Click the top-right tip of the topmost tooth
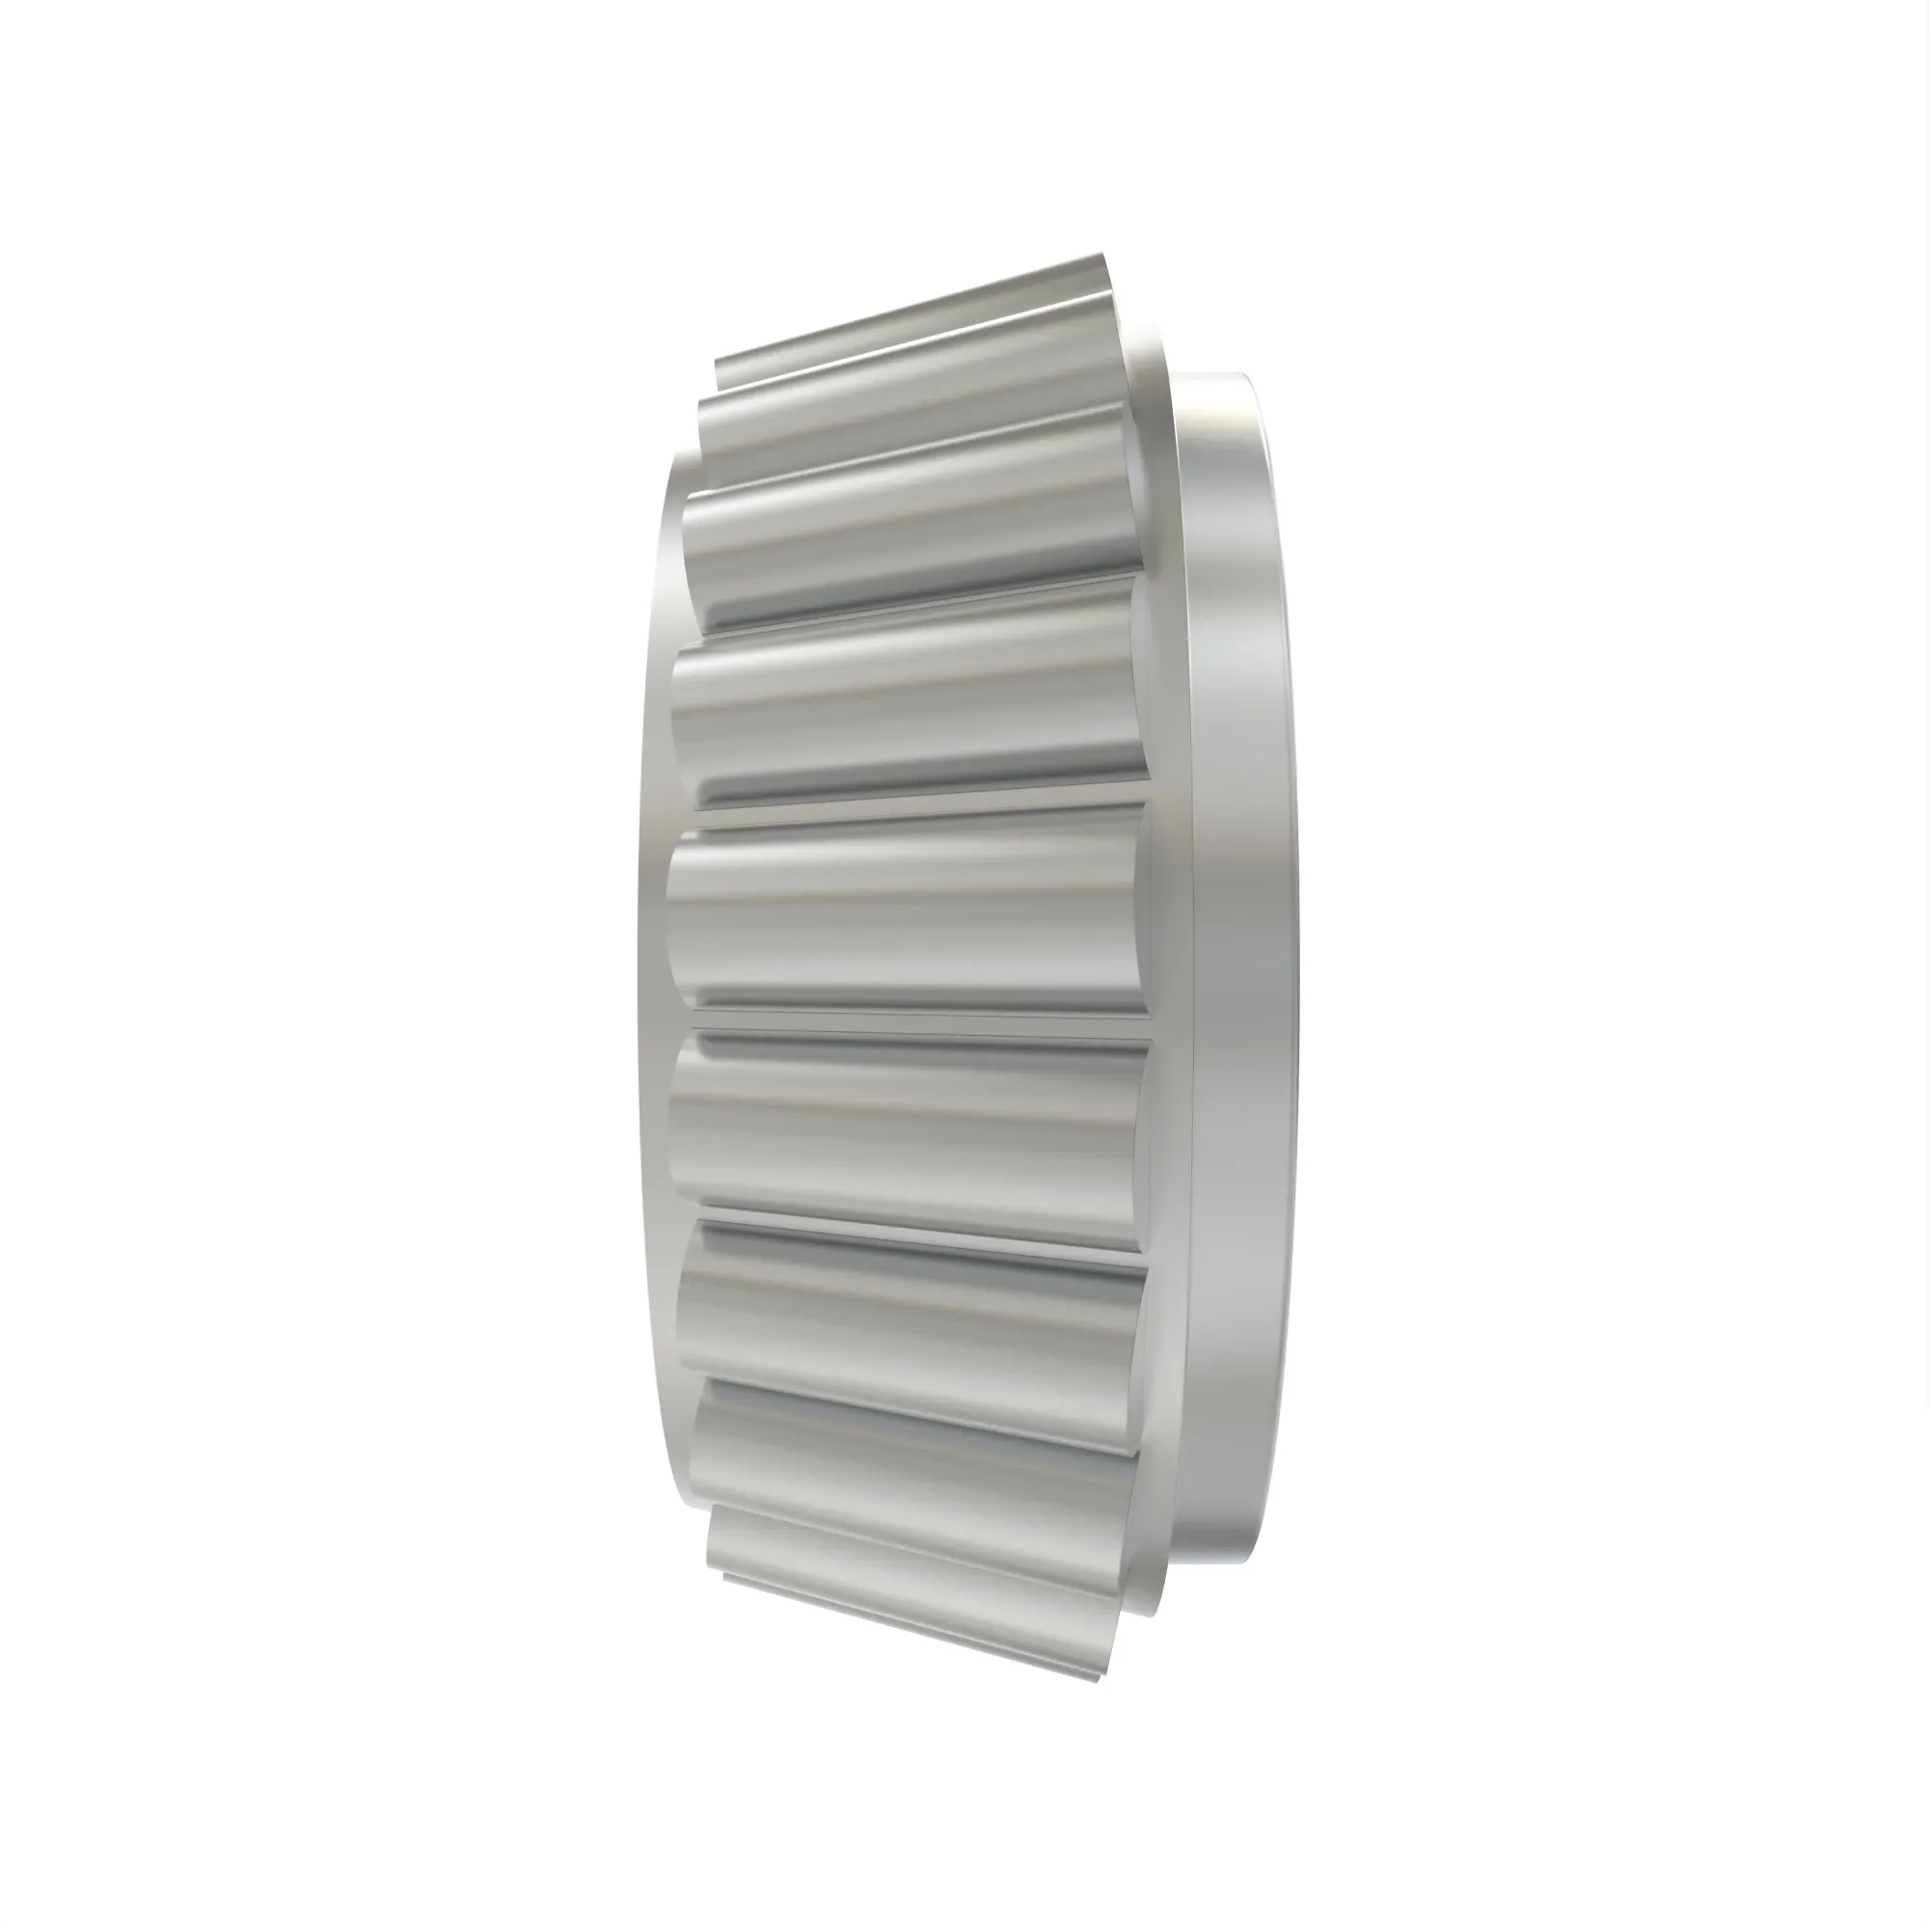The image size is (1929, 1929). pyautogui.click(x=1103, y=257)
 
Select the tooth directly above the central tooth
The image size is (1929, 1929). pyautogui.click(x=909, y=699)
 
